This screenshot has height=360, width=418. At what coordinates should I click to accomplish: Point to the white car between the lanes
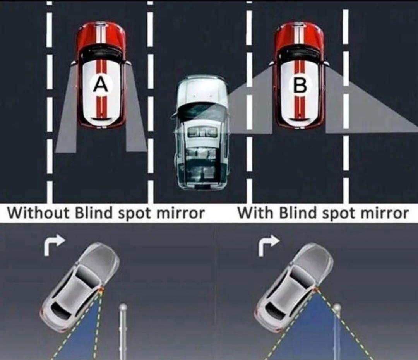tap(202, 132)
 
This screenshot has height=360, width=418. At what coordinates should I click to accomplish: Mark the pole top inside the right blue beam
tap(337, 308)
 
